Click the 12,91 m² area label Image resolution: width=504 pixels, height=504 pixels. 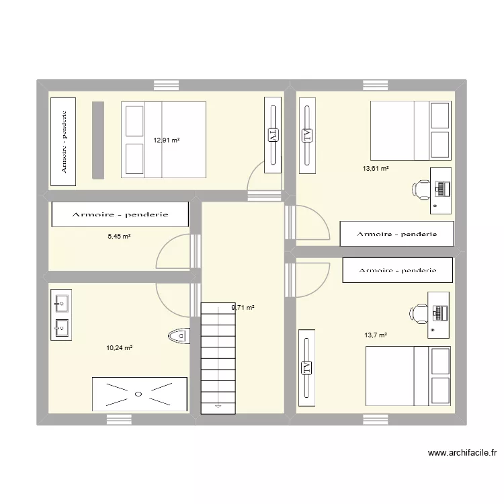167,140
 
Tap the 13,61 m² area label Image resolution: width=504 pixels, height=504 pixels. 376,169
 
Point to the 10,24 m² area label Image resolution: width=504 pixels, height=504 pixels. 119,347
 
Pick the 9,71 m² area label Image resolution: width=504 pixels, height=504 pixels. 243,308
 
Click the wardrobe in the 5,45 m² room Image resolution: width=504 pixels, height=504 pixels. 120,215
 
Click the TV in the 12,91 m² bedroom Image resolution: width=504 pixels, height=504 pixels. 273,135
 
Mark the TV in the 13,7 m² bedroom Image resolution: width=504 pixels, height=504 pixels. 306,367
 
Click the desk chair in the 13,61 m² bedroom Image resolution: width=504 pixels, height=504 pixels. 422,190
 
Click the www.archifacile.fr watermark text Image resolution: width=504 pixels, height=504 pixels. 460,454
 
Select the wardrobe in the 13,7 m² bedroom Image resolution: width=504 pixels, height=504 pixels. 397,270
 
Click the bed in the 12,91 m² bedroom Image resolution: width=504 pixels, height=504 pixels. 163,140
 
